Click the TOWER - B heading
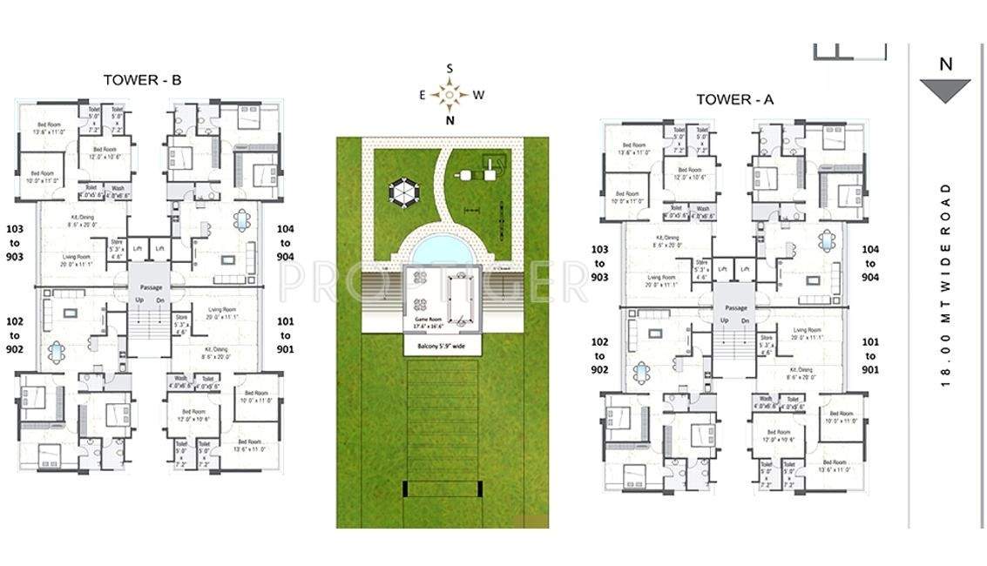(x=142, y=80)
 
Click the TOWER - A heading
(x=734, y=99)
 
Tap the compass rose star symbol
(x=450, y=93)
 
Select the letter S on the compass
(x=450, y=68)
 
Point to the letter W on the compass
(x=477, y=95)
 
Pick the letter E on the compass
(x=423, y=95)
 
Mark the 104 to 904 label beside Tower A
(x=870, y=263)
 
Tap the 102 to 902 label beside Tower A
(x=600, y=356)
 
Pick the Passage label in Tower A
(x=736, y=307)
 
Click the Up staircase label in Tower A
(x=724, y=320)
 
